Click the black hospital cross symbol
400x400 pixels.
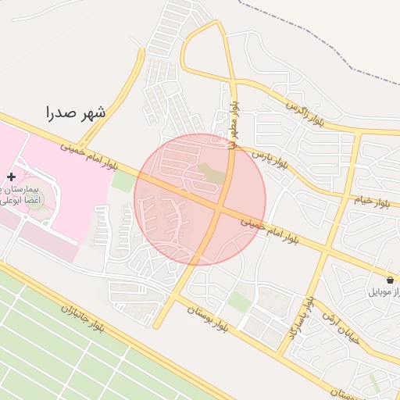click(x=11, y=177)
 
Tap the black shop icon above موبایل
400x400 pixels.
click(x=390, y=280)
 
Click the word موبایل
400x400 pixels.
click(x=382, y=292)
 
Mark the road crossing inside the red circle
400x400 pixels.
click(x=217, y=208)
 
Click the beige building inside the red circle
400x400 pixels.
click(x=211, y=175)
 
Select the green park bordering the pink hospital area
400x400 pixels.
click(x=122, y=181)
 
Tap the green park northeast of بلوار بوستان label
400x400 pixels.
click(x=240, y=300)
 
